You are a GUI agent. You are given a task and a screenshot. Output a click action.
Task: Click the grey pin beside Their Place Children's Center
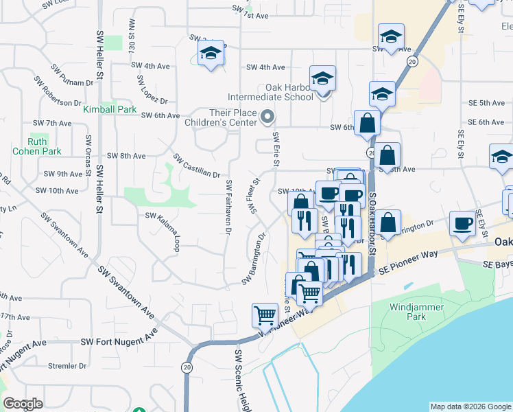coord(268,117)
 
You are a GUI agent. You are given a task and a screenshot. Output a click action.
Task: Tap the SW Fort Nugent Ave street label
coord(119,341)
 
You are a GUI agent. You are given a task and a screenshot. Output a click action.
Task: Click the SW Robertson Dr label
coord(59,93)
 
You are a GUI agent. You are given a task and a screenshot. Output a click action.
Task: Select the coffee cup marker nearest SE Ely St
coord(462,224)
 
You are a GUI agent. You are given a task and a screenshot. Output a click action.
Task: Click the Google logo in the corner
coord(23,404)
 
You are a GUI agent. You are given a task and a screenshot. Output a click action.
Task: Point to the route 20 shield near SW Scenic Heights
coord(187,367)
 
